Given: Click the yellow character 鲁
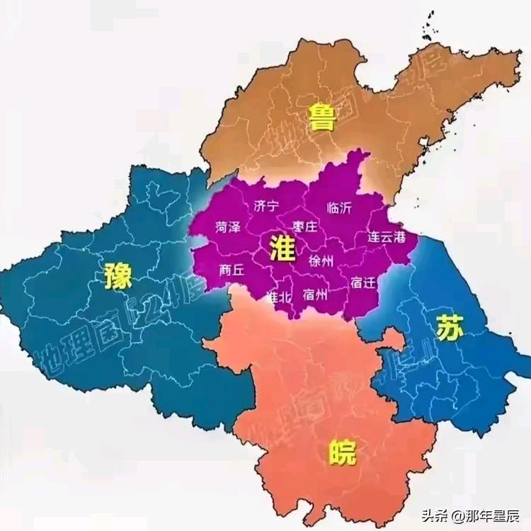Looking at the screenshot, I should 322,118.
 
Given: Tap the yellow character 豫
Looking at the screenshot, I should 118,275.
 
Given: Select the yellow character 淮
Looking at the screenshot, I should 282,249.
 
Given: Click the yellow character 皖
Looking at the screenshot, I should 342,452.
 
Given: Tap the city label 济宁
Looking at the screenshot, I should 266,206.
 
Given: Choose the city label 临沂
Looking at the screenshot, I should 339,208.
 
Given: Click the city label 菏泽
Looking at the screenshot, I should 228,227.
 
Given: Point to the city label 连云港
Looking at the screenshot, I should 387,238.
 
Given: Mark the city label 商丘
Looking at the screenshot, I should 232,269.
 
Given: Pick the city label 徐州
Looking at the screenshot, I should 321,261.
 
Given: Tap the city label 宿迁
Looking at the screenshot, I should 363,282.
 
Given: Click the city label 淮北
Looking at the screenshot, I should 278,297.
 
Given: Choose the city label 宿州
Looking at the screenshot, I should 315,295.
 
